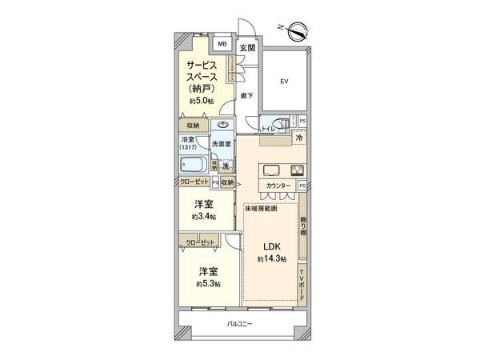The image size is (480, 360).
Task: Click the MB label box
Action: click(x=222, y=44)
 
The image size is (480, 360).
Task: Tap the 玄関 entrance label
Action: click(x=247, y=48)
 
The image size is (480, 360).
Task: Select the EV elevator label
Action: click(x=283, y=81)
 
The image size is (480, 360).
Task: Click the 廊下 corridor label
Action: click(x=246, y=96)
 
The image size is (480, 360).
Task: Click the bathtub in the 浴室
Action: click(x=194, y=166)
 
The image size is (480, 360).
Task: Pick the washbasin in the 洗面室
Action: click(x=221, y=126)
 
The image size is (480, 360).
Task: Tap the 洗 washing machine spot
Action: click(x=226, y=166)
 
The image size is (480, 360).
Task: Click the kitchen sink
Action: click(x=269, y=170)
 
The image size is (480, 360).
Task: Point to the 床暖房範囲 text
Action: click(x=262, y=208)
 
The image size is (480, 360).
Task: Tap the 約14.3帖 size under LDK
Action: click(x=273, y=260)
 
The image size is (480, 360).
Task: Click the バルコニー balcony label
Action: click(x=239, y=323)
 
